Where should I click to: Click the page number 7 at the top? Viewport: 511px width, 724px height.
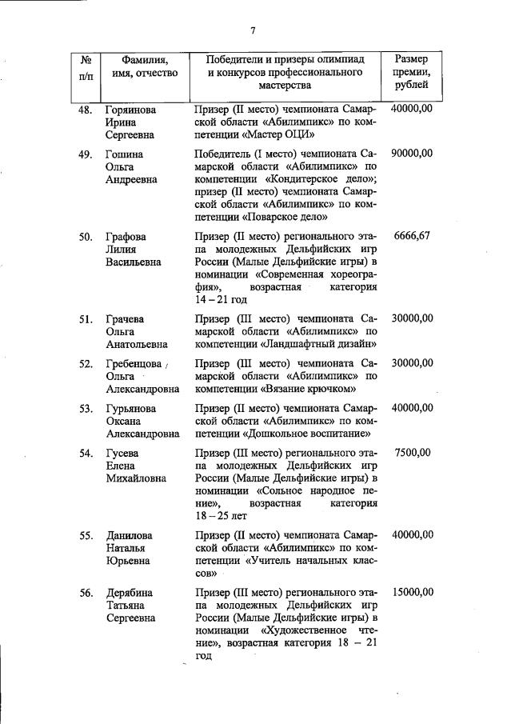253,30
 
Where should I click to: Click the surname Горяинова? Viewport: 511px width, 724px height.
132,110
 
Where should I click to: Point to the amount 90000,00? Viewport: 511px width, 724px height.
412,154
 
